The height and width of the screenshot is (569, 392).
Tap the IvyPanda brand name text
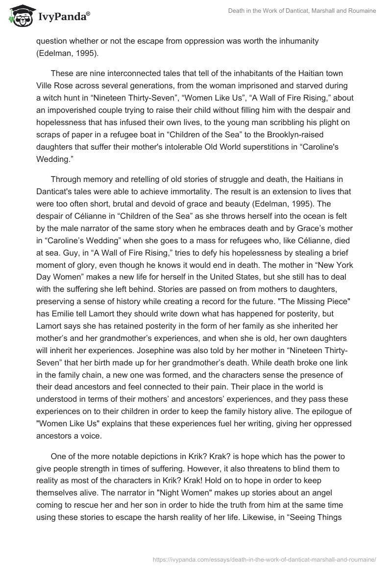(x=63, y=17)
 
